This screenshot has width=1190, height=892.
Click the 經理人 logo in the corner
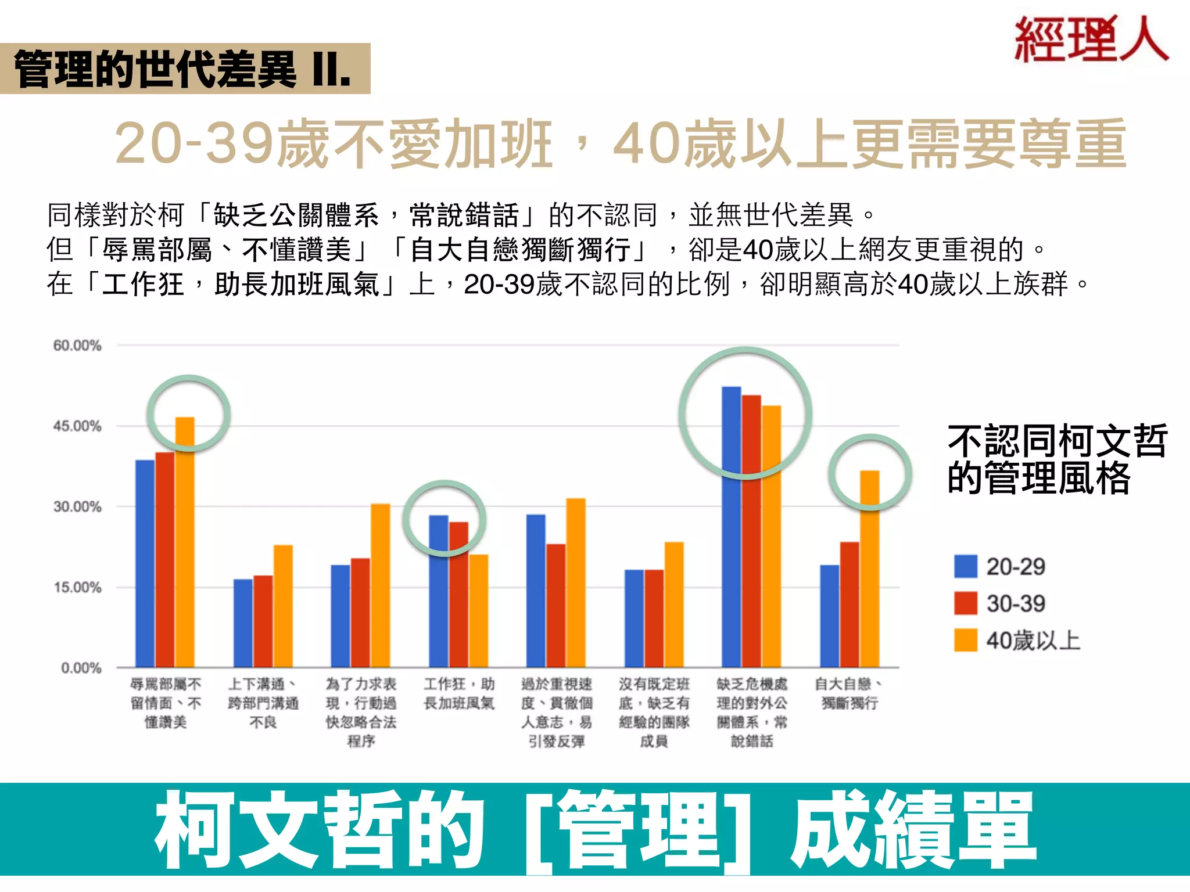pyautogui.click(x=1091, y=39)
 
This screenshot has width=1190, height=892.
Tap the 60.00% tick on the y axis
pyautogui.click(x=77, y=346)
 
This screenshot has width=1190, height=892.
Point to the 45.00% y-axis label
pyautogui.click(x=77, y=426)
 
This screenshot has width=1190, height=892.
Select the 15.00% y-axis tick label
pyautogui.click(x=77, y=587)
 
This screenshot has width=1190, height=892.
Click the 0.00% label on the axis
pyautogui.click(x=81, y=668)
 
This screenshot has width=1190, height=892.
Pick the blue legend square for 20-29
pyautogui.click(x=965, y=566)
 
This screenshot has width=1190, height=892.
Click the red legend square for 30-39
pyautogui.click(x=965, y=603)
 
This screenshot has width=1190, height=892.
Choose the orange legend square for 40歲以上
pyautogui.click(x=965, y=641)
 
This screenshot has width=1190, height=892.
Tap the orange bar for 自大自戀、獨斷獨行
pyautogui.click(x=869, y=569)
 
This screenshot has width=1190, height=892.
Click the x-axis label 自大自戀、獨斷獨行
pyautogui.click(x=849, y=693)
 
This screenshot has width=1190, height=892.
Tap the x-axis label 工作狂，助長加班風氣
pyautogui.click(x=459, y=693)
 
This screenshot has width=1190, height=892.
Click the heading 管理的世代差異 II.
pyautogui.click(x=183, y=69)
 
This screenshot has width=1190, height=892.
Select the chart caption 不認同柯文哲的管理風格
pyautogui.click(x=1056, y=459)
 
